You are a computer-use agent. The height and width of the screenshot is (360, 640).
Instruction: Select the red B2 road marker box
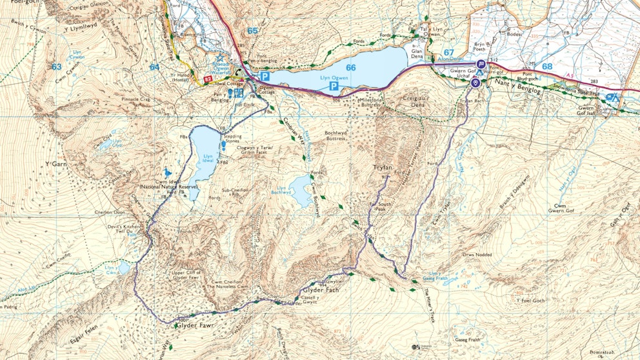[208, 79]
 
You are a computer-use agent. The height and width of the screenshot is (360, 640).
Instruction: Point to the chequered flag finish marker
[481, 64]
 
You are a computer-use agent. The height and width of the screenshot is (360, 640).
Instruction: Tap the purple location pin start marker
[476, 83]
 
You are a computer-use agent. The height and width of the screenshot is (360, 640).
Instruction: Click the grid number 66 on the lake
[350, 67]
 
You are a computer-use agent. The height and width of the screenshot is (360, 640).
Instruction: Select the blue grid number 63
[57, 66]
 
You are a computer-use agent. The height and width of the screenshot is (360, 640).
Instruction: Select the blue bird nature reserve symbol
[168, 173]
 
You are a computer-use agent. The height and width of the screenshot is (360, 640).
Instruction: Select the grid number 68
[547, 66]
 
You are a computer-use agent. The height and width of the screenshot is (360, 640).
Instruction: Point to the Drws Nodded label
[477, 255]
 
